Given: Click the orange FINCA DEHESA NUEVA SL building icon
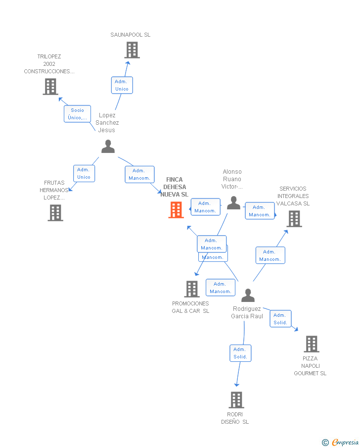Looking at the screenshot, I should click(x=176, y=210).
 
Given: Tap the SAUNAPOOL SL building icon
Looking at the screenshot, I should click(x=132, y=50).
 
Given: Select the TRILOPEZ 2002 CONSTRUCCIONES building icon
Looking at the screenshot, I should click(x=50, y=87).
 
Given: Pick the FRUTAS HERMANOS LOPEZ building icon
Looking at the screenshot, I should click(x=55, y=213).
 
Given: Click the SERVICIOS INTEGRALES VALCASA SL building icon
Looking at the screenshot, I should click(x=294, y=218).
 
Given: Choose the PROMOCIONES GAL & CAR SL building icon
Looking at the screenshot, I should click(x=191, y=289).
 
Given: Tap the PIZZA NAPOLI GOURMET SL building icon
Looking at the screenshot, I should click(x=312, y=344).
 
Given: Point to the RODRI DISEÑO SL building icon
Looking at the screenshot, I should click(x=236, y=399).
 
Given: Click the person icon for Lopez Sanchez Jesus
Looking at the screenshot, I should click(x=108, y=147).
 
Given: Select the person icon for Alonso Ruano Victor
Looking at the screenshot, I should click(x=233, y=203).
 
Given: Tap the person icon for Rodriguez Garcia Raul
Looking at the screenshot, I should click(x=248, y=296).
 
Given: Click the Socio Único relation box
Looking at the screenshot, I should click(x=78, y=114).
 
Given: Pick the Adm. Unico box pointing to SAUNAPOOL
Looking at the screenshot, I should click(x=122, y=85).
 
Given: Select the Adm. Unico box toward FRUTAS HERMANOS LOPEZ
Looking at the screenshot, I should click(x=84, y=173).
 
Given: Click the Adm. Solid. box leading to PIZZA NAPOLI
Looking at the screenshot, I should click(x=280, y=319).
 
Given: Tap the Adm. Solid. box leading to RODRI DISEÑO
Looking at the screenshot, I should click(x=240, y=353).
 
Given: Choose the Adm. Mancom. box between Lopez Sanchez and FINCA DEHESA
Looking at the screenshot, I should click(x=139, y=174).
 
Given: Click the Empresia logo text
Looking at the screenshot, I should click(x=345, y=443).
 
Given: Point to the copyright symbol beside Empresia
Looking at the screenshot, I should click(x=325, y=443).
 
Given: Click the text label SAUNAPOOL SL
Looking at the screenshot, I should click(x=130, y=35).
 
